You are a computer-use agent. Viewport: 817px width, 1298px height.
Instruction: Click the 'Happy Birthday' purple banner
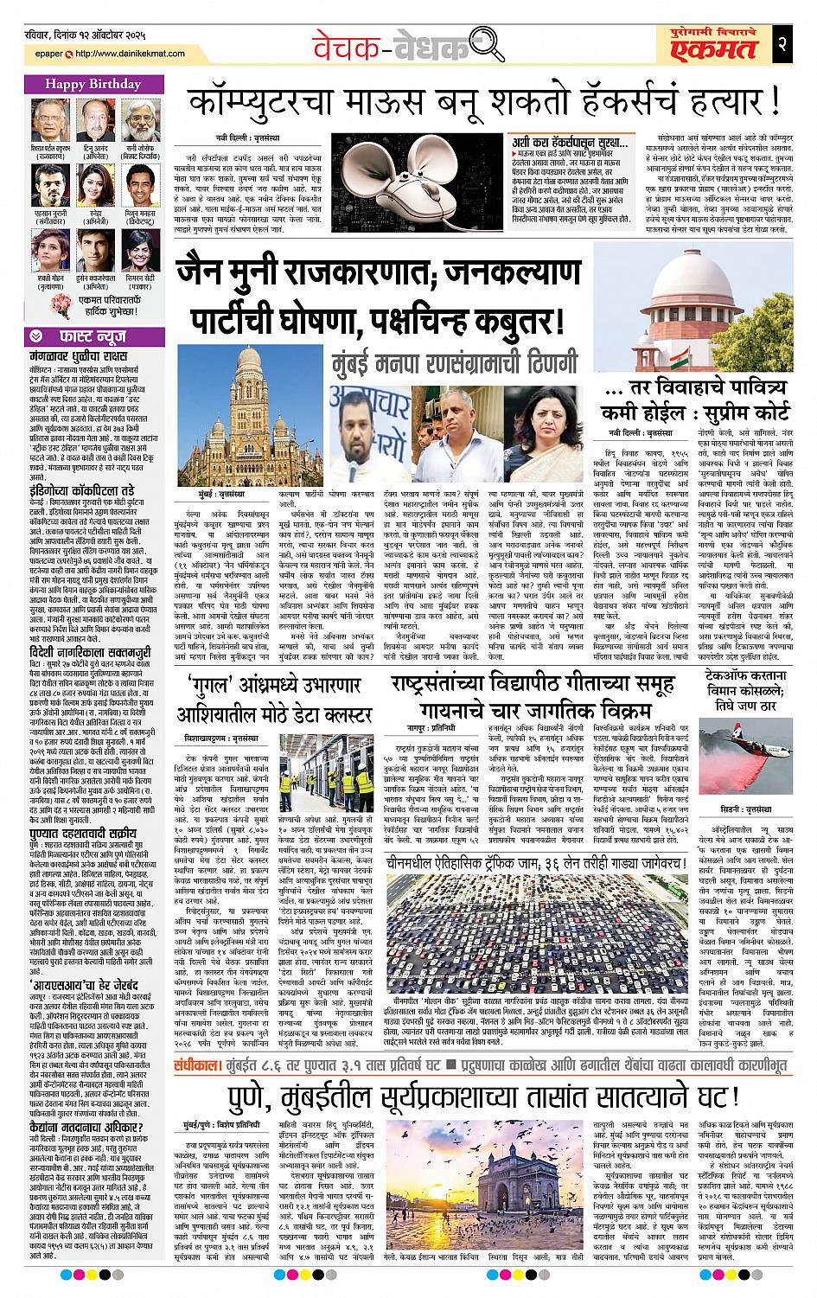pos(84,85)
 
